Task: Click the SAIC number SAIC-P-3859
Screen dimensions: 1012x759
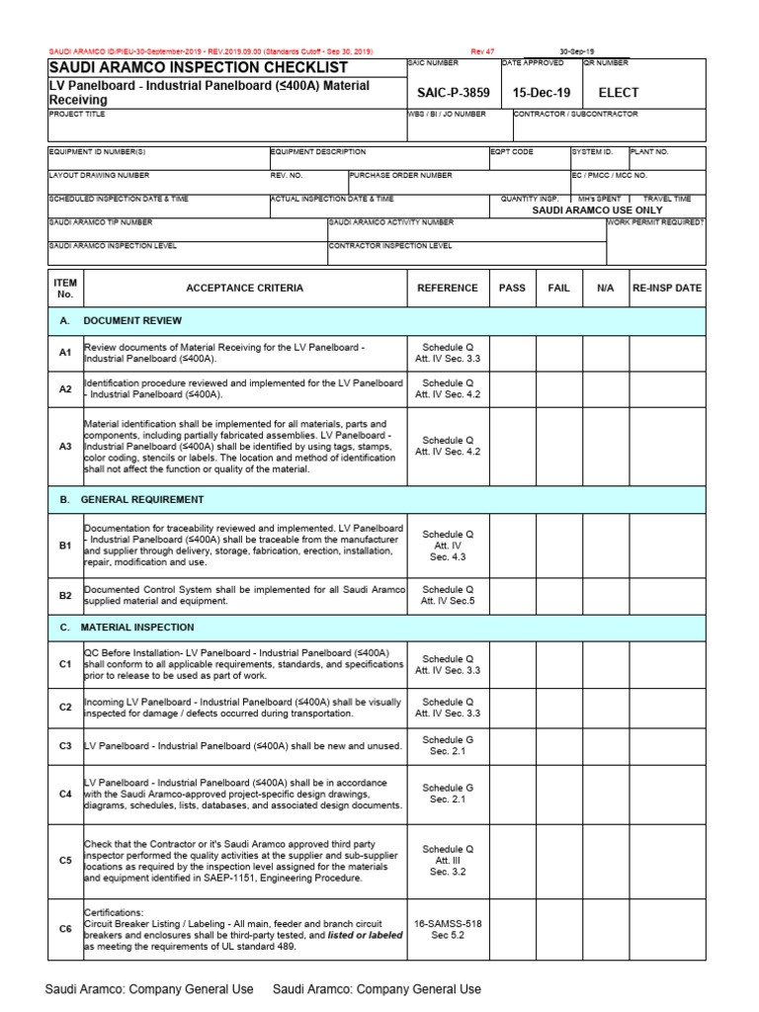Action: click(454, 93)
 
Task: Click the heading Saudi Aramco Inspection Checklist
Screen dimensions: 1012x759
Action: click(199, 67)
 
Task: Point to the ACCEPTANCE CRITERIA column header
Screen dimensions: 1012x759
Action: click(245, 288)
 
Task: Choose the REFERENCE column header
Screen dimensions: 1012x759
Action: click(448, 288)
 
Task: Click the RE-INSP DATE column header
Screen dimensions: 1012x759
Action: click(667, 288)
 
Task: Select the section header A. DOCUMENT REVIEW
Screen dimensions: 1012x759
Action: click(121, 321)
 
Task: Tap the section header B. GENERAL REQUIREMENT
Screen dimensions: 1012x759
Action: click(132, 499)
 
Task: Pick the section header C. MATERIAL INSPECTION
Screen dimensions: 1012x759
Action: click(127, 628)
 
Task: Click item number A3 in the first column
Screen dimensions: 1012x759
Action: click(65, 447)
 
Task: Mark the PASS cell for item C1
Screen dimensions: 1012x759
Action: click(512, 665)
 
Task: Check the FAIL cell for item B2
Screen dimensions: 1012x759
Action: click(559, 595)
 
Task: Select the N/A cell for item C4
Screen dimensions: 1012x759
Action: click(606, 794)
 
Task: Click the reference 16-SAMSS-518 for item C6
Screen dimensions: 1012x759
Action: click(448, 923)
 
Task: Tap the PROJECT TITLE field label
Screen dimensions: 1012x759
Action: click(76, 115)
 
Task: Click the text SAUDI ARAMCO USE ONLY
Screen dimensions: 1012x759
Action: click(597, 211)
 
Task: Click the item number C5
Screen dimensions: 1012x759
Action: click(65, 861)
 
